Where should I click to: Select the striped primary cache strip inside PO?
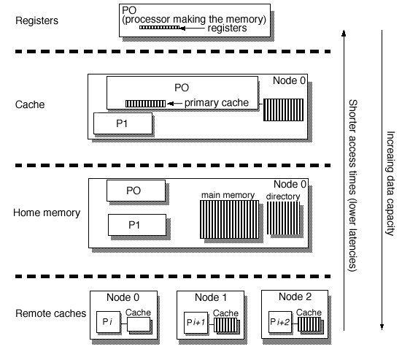(x=145, y=104)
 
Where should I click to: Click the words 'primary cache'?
(x=218, y=103)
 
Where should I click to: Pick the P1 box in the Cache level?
(x=122, y=123)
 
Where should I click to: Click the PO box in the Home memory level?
(x=133, y=191)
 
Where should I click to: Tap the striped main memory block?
(x=227, y=219)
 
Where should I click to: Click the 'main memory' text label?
(x=228, y=196)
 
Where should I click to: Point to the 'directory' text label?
(x=282, y=196)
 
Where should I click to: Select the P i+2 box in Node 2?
(x=281, y=322)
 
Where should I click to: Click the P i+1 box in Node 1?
(x=195, y=322)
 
